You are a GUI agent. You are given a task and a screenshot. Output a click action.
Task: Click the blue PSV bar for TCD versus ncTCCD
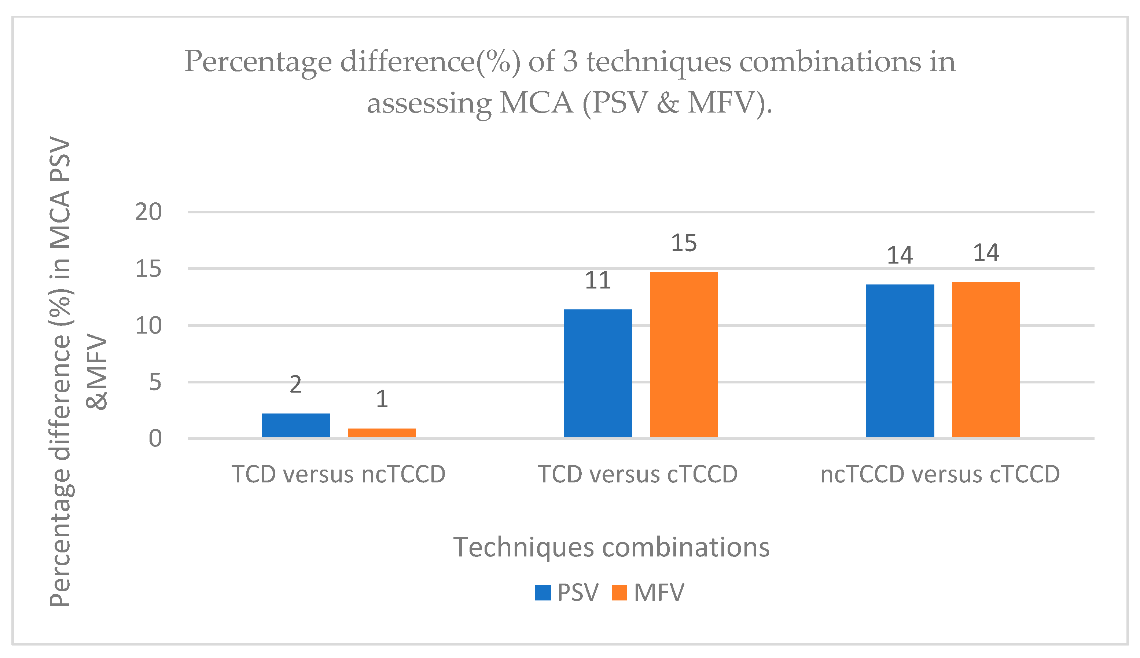[295, 425]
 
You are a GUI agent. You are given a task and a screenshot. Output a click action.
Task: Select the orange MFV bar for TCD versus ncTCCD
[382, 433]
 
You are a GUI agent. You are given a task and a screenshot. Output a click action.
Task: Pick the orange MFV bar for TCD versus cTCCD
[684, 355]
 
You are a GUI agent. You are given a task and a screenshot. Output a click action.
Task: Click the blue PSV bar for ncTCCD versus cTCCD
[900, 361]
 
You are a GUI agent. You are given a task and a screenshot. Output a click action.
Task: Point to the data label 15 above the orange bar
[684, 243]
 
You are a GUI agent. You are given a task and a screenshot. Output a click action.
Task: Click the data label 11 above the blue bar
[597, 281]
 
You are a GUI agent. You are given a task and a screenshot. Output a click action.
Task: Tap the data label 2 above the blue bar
[295, 385]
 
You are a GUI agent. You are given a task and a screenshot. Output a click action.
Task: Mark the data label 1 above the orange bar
[382, 399]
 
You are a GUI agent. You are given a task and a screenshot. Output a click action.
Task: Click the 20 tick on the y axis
[148, 212]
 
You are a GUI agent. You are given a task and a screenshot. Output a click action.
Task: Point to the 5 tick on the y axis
[155, 382]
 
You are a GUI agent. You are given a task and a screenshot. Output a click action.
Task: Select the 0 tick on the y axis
[155, 439]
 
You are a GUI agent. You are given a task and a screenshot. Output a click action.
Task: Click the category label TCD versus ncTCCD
[338, 474]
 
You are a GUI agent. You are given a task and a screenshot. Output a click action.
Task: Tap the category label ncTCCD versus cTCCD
[940, 474]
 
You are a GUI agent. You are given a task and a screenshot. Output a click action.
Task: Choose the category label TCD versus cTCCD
[637, 474]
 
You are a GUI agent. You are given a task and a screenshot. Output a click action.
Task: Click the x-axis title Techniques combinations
[611, 547]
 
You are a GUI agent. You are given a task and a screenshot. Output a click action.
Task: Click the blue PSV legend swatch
[543, 592]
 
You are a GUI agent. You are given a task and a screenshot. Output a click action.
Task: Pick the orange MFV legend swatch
[619, 592]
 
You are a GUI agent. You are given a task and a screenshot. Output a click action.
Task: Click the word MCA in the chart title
[536, 103]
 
